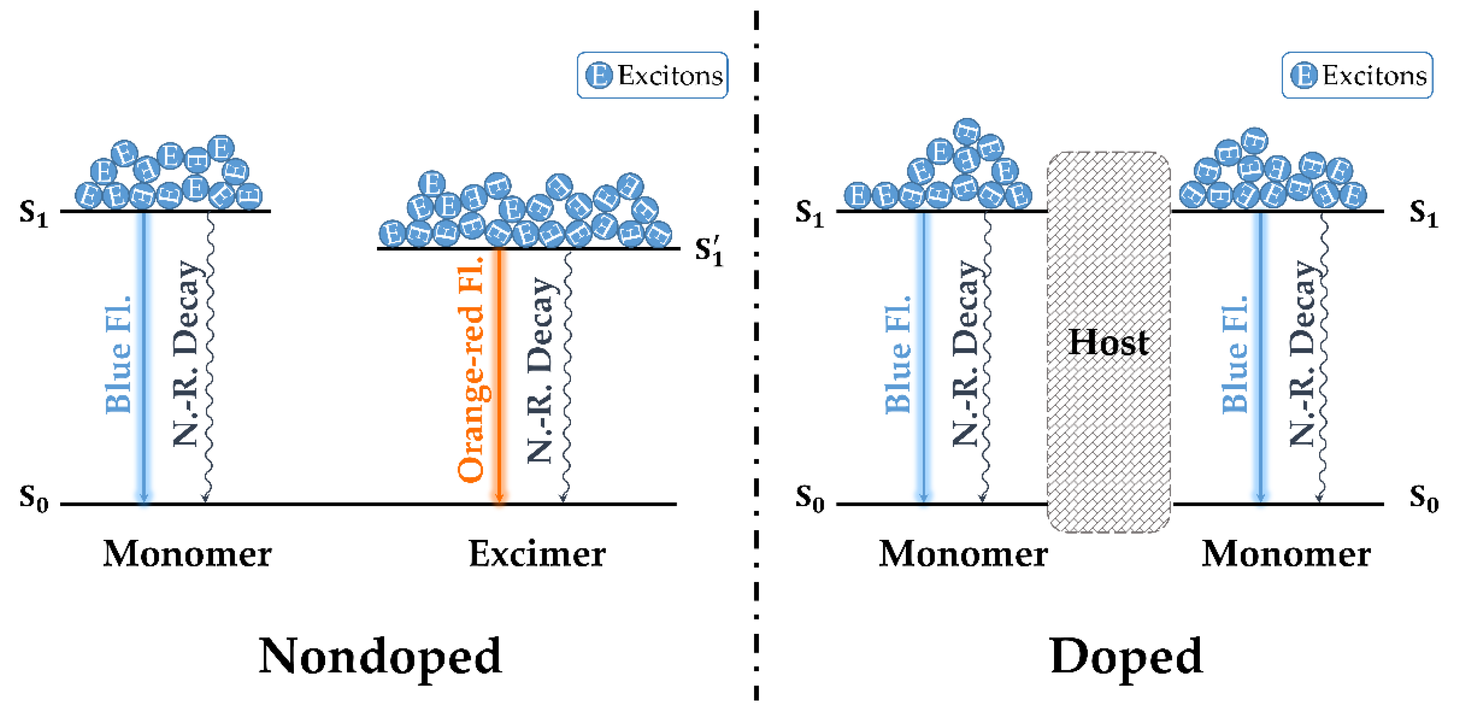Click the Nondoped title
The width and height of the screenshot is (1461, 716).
[x=380, y=656]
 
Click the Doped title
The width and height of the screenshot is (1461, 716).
[x=1126, y=656]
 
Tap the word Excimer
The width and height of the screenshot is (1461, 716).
[x=536, y=554]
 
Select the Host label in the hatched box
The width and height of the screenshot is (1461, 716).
[x=1108, y=342]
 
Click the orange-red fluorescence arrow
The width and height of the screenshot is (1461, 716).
[x=499, y=374]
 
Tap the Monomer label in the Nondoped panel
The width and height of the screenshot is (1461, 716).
[x=187, y=554]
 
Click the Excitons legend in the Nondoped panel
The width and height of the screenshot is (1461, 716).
[x=652, y=76]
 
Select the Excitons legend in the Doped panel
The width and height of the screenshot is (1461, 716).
[x=1357, y=76]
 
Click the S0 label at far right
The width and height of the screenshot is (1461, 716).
[x=1423, y=498]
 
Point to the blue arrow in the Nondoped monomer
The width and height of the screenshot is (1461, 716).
[x=144, y=357]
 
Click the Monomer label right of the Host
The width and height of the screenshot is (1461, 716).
[x=1286, y=554]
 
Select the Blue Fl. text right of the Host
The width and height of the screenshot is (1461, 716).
[x=1235, y=354]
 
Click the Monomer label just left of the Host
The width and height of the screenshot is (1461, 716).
[x=963, y=554]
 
